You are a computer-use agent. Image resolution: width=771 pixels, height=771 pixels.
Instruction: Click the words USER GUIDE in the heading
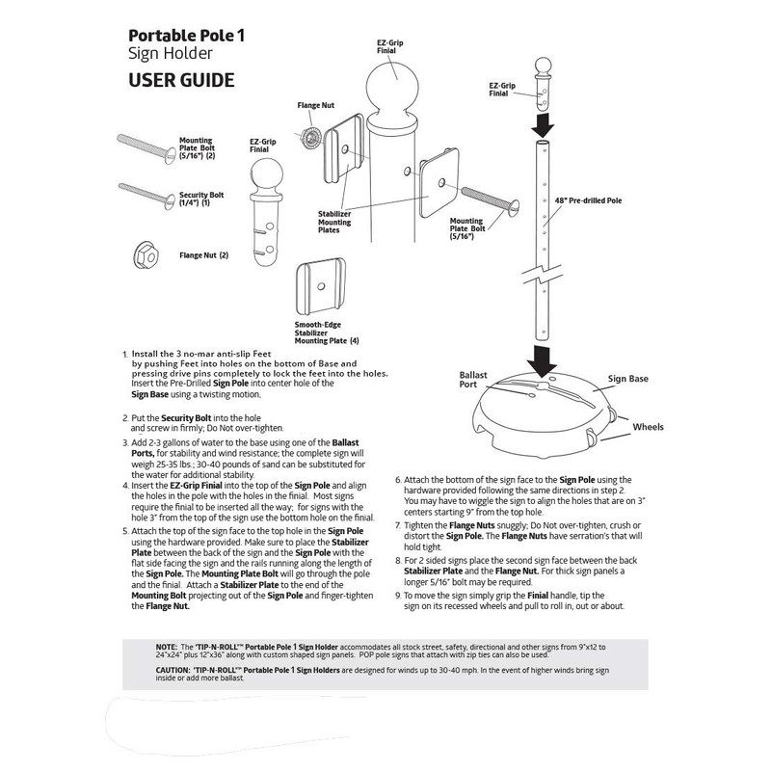coord(181,80)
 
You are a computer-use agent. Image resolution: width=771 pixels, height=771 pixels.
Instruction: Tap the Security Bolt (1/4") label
coord(200,199)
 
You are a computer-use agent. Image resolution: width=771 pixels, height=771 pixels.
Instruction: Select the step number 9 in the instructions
coord(398,598)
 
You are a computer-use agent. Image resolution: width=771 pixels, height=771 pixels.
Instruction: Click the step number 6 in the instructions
coord(398,479)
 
